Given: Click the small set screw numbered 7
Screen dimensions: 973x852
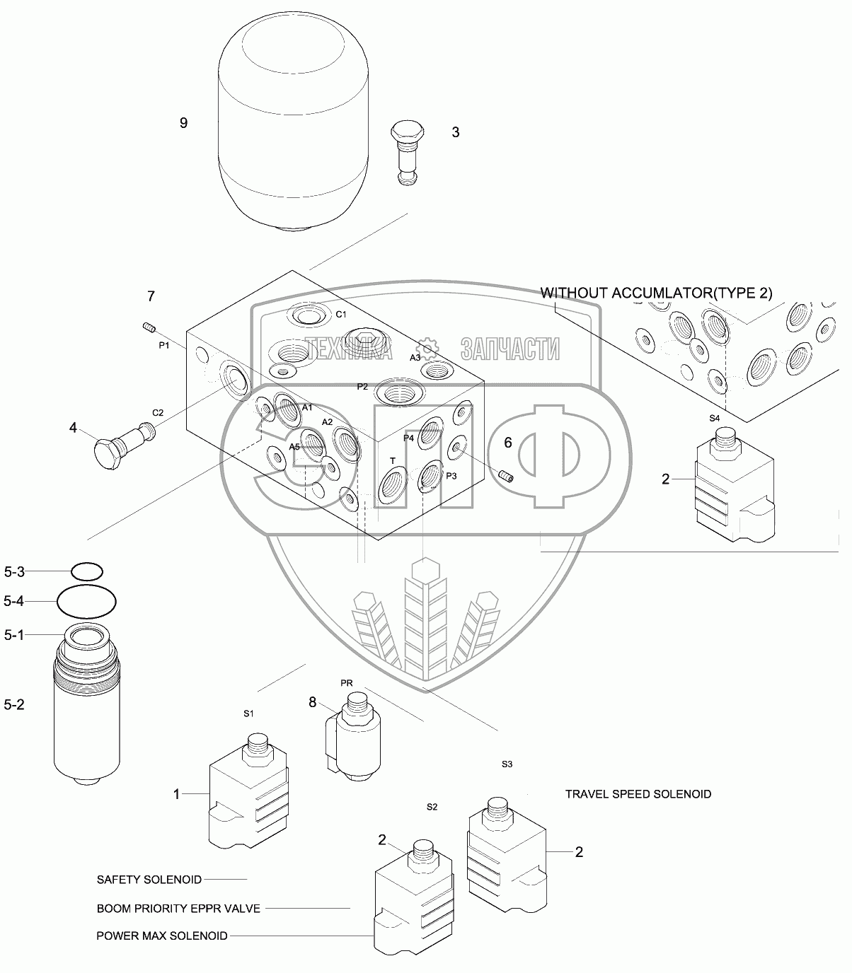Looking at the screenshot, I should click(x=149, y=327).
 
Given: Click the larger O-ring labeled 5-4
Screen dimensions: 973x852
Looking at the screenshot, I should click(x=86, y=601).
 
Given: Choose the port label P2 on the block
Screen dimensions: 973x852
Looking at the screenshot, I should click(x=362, y=387).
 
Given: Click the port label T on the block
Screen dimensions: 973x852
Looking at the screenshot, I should click(x=393, y=460).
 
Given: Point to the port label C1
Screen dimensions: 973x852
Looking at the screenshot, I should click(x=340, y=314).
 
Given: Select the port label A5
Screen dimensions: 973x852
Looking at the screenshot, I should click(x=294, y=447).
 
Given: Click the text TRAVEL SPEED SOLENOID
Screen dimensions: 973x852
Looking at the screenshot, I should click(x=638, y=794).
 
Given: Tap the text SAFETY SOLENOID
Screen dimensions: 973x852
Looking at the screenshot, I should click(x=149, y=880).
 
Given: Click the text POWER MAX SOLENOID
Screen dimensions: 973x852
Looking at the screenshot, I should click(x=162, y=936).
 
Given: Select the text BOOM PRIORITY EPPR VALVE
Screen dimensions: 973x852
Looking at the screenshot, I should click(x=178, y=908).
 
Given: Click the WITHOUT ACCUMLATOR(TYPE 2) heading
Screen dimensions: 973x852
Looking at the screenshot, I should click(x=656, y=293).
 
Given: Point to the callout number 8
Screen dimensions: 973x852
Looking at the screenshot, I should click(x=312, y=702).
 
